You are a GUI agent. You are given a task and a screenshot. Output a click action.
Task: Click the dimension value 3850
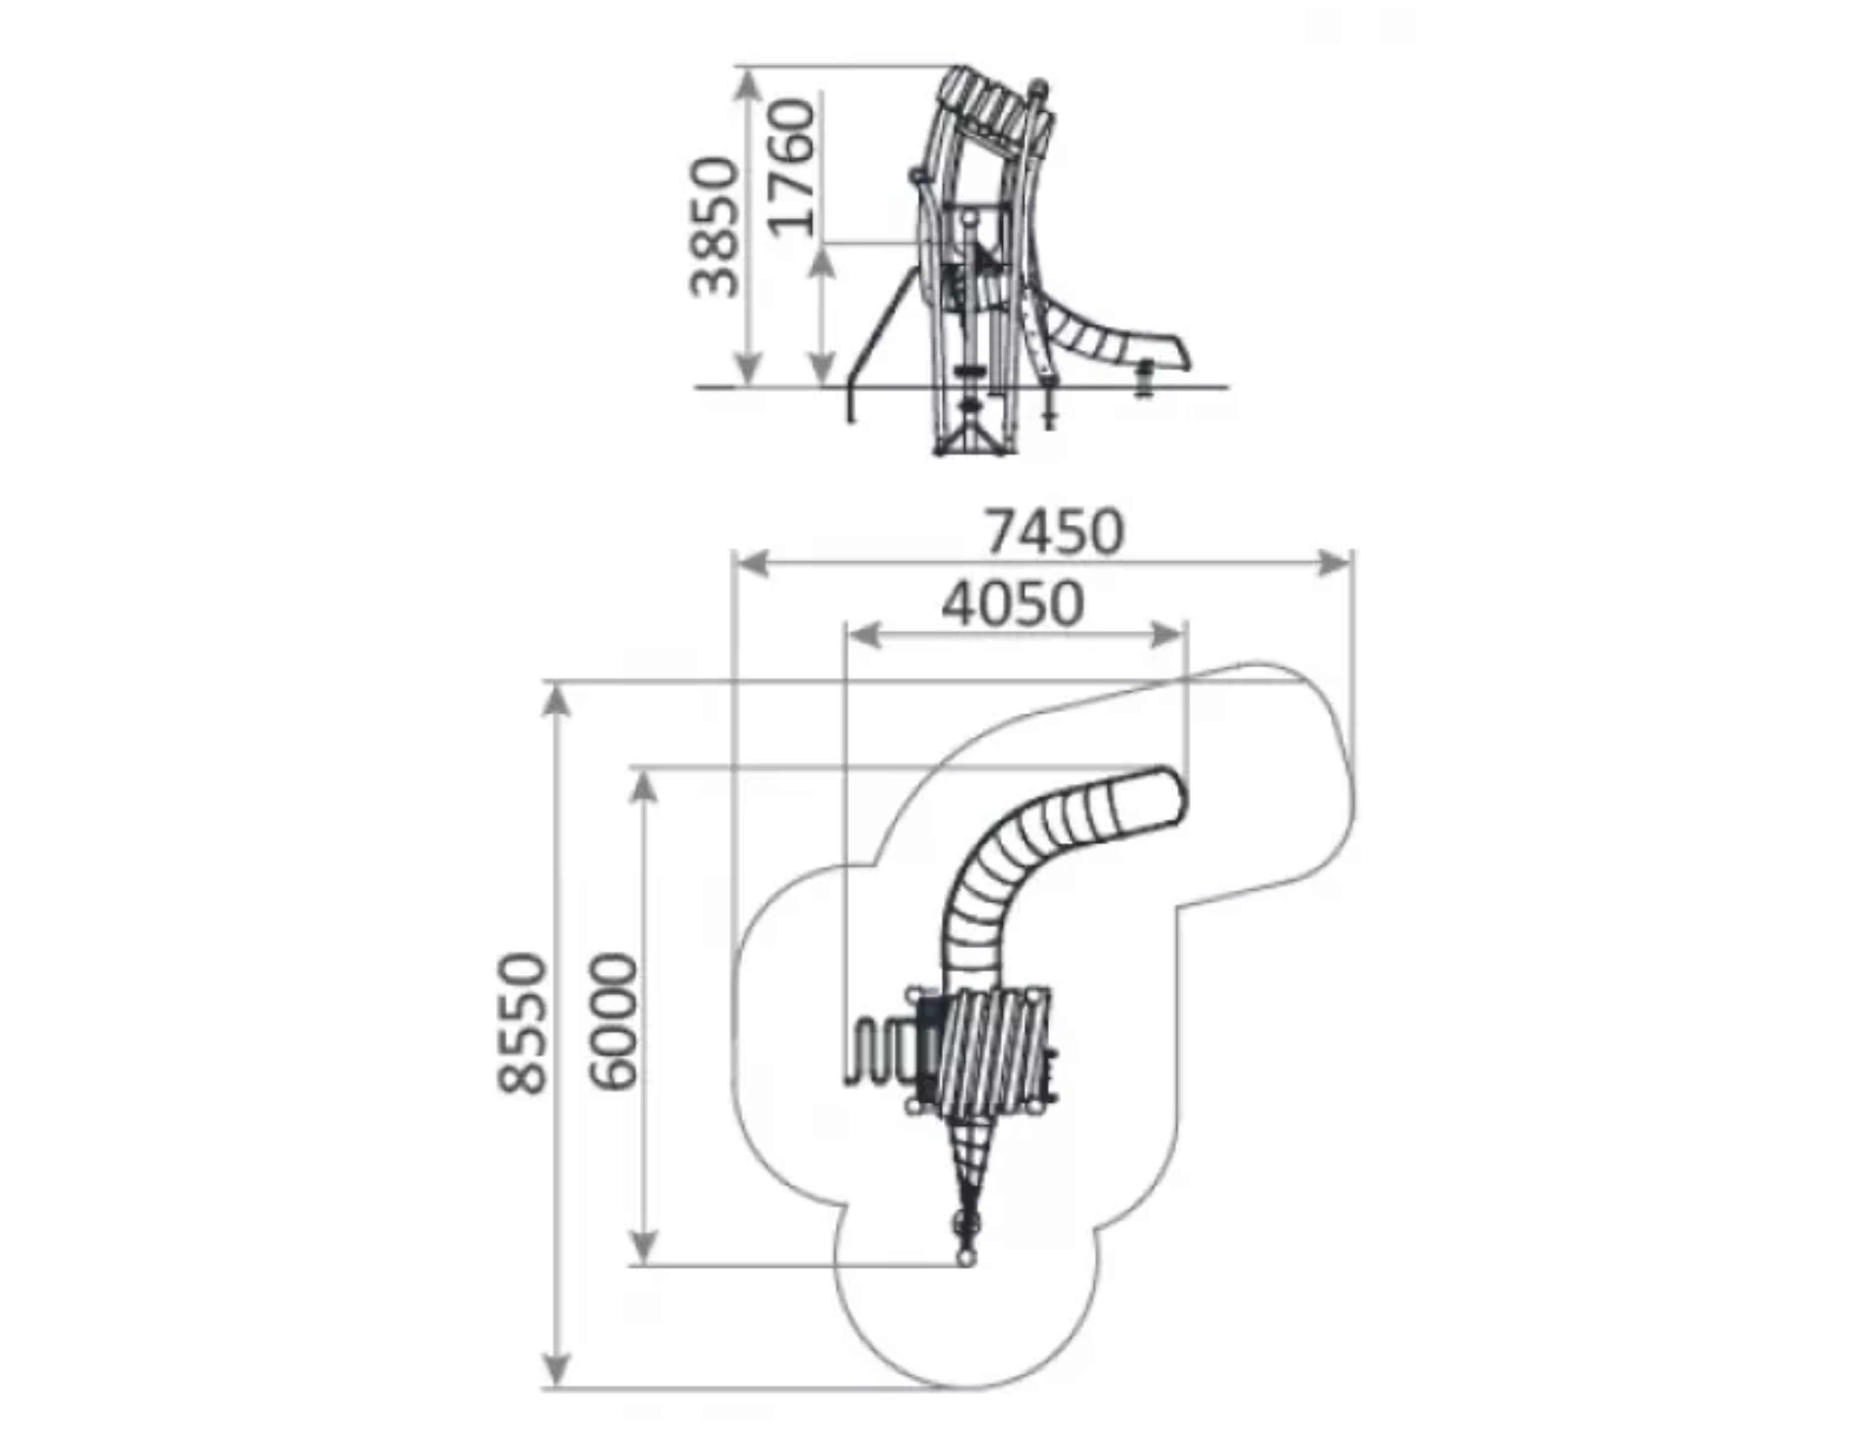click(x=713, y=227)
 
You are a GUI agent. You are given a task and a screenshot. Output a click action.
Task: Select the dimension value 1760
click(x=791, y=167)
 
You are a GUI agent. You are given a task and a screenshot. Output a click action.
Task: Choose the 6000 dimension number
click(x=612, y=1022)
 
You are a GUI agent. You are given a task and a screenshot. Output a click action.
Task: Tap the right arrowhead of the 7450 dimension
click(x=1333, y=563)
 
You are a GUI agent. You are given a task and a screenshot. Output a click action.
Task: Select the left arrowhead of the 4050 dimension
click(x=864, y=634)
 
